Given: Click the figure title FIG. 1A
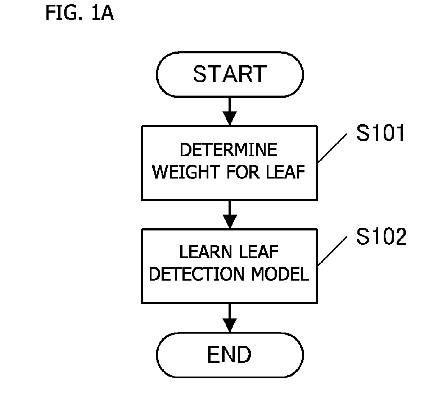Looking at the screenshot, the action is (x=80, y=13).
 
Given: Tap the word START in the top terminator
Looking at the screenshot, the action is (x=230, y=74).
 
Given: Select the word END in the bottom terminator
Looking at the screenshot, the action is (x=229, y=354).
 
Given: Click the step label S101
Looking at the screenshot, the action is (x=380, y=133).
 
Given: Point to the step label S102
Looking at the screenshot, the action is (x=381, y=237).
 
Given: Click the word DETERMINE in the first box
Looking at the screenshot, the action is (x=229, y=150).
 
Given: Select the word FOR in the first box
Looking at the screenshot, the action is (x=243, y=172).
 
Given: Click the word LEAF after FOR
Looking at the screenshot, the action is (x=285, y=172).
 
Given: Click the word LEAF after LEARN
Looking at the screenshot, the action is (x=259, y=252).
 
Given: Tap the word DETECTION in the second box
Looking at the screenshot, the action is (x=196, y=274).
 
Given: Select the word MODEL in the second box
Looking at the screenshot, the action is (x=280, y=274).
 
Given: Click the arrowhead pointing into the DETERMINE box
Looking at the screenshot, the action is (x=230, y=118).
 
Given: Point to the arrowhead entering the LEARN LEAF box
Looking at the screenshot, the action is (x=230, y=221).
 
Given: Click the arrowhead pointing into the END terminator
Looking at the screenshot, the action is (x=230, y=325).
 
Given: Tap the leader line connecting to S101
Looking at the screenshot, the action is (x=332, y=148).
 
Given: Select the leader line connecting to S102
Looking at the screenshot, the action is (x=332, y=251).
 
